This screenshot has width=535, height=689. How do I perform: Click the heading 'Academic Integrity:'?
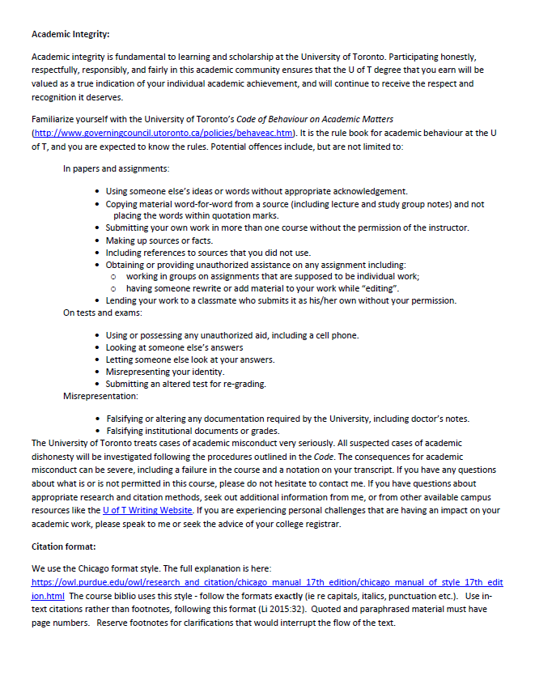pyautogui.click(x=70, y=34)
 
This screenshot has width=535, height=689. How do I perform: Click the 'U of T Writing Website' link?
pyautogui.click(x=147, y=511)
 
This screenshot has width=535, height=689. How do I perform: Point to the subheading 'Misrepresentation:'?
pyautogui.click(x=100, y=397)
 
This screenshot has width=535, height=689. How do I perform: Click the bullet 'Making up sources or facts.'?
pyautogui.click(x=159, y=240)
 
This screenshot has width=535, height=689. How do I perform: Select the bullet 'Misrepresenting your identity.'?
pyautogui.click(x=165, y=372)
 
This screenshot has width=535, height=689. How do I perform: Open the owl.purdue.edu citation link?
pyautogui.click(x=267, y=583)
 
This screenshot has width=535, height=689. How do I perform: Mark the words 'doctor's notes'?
pyautogui.click(x=439, y=419)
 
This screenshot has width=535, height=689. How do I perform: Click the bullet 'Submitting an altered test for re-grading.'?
pyautogui.click(x=185, y=384)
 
